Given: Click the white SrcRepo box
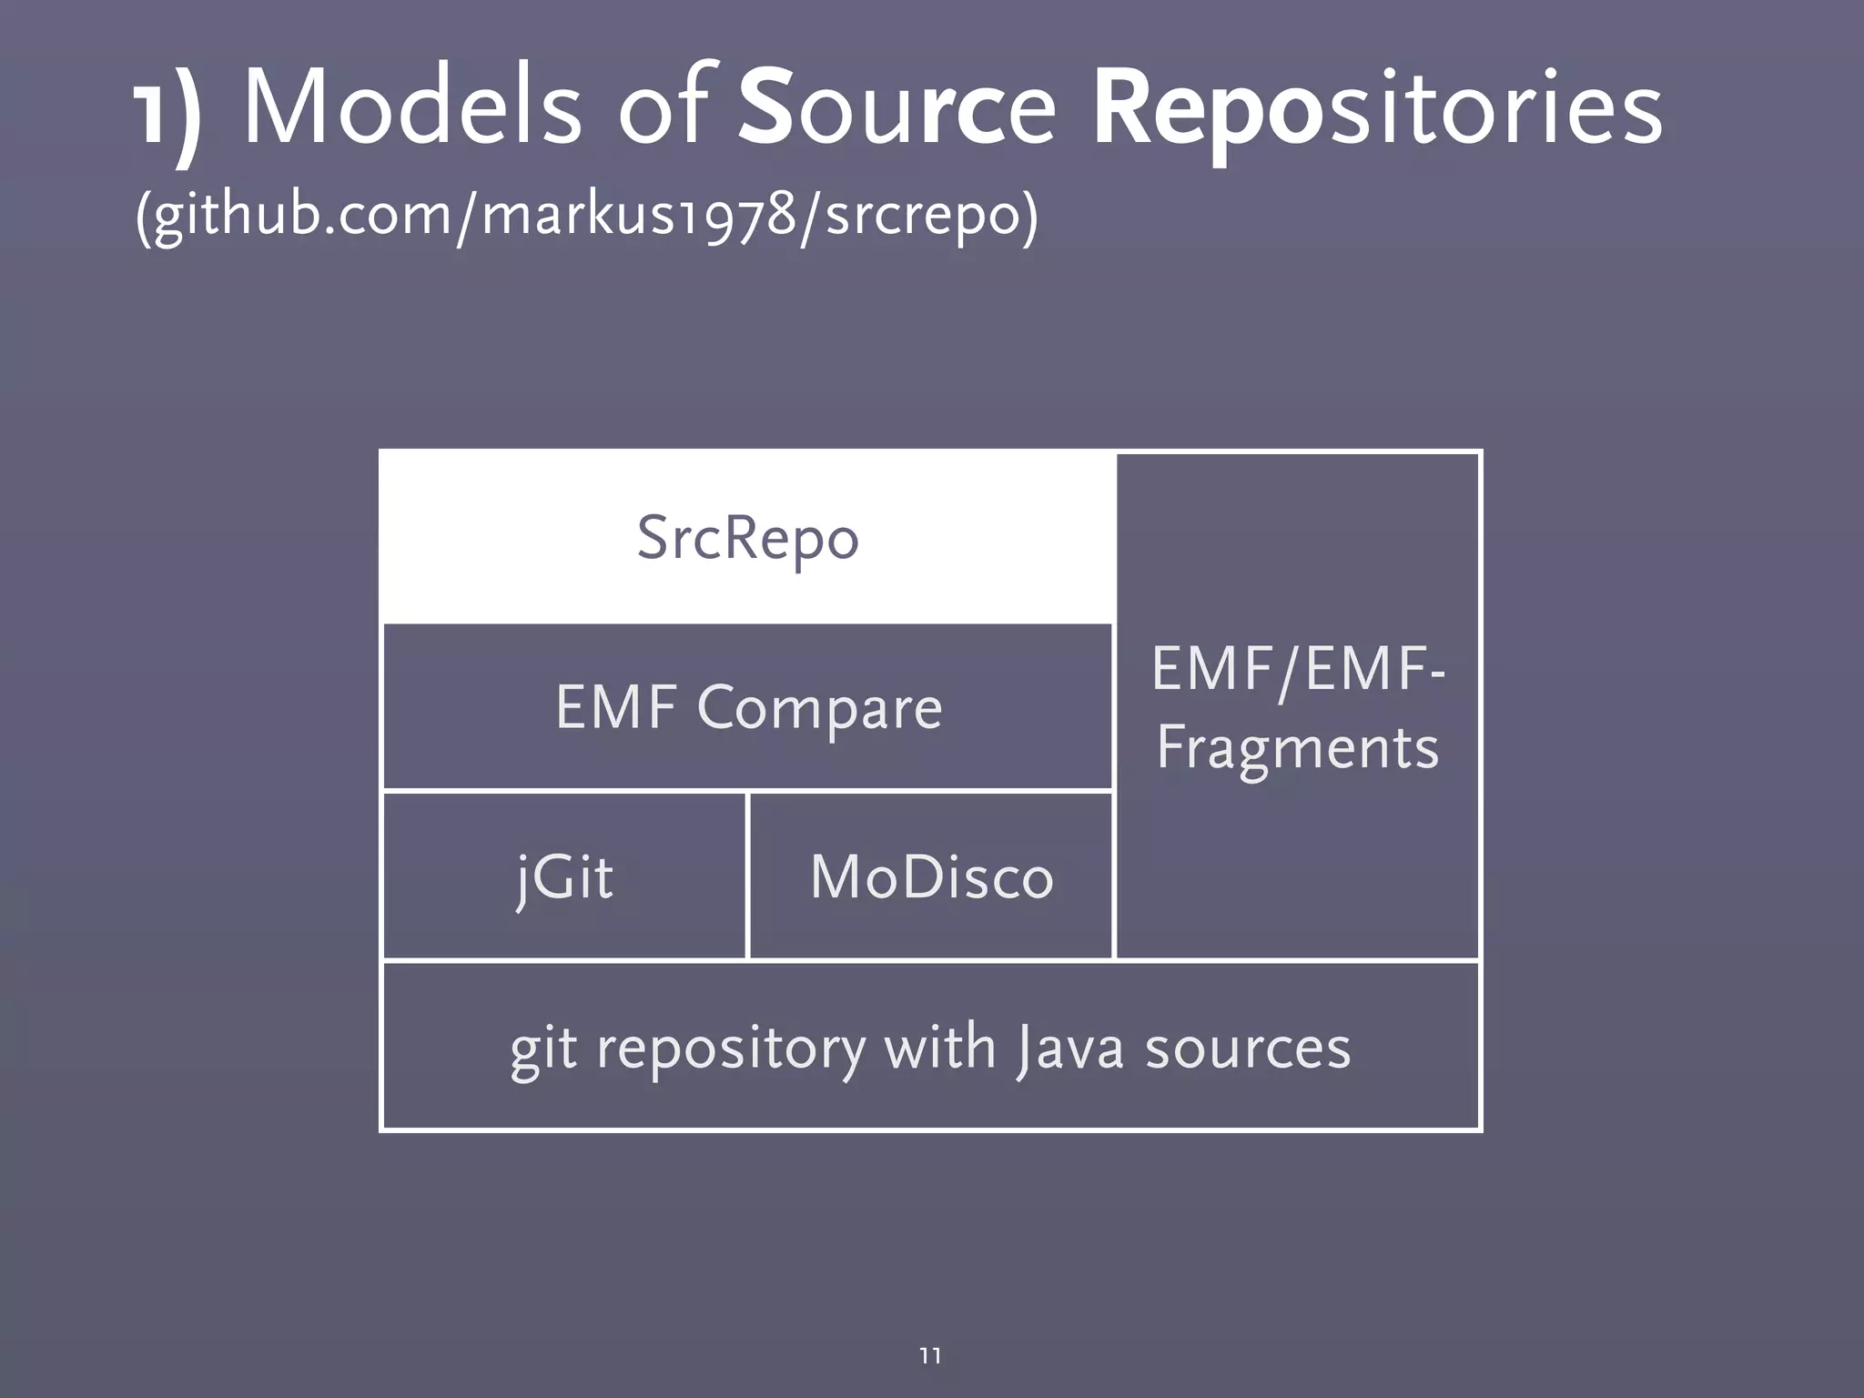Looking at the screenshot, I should click(x=747, y=537).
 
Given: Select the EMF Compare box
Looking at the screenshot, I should click(x=747, y=707).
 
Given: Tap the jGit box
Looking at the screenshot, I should click(x=564, y=876).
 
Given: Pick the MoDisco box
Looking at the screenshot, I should click(x=930, y=876).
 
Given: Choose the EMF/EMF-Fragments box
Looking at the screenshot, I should click(x=1297, y=706).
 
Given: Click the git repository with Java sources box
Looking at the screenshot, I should click(x=930, y=1047).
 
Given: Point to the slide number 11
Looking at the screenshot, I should click(x=930, y=1355).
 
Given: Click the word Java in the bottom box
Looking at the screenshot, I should click(x=1069, y=1048).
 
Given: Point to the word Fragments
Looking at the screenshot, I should click(x=1297, y=748).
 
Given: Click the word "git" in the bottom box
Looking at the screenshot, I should click(x=542, y=1050).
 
